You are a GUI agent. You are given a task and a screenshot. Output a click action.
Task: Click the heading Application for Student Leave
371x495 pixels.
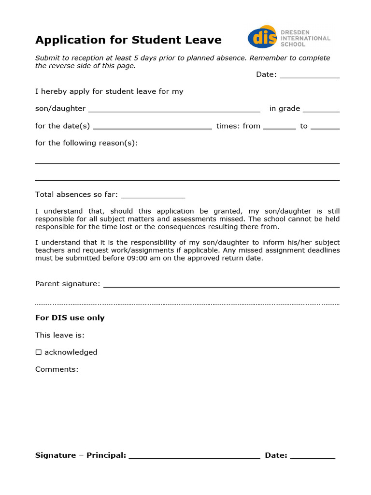[128, 40]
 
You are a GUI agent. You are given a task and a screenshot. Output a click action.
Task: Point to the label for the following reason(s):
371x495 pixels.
[86, 143]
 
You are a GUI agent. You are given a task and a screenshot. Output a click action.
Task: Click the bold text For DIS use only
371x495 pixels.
[70, 318]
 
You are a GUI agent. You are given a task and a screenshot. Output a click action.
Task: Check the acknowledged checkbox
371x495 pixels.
[39, 352]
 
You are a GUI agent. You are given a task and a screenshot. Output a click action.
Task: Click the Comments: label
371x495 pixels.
[57, 369]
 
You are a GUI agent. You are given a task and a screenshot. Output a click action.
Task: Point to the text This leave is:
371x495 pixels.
[60, 335]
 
